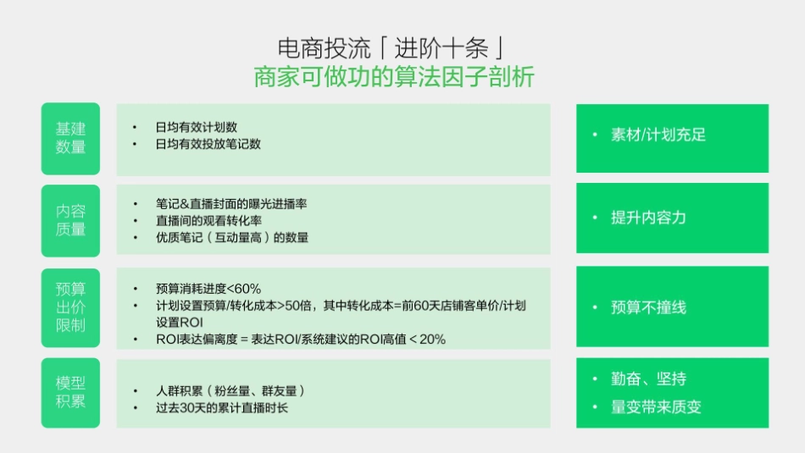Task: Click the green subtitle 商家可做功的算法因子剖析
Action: (x=394, y=77)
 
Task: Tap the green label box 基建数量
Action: (x=70, y=138)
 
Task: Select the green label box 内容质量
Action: (x=70, y=219)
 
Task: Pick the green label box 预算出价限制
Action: (x=70, y=307)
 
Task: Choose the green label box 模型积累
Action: (x=70, y=392)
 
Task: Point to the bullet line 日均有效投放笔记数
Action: (x=208, y=144)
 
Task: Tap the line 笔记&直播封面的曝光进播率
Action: (x=230, y=204)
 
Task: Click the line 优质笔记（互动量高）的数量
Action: (x=232, y=238)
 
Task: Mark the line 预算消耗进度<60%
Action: (x=208, y=288)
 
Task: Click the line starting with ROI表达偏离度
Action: (x=301, y=340)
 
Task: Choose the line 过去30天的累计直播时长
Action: (x=222, y=408)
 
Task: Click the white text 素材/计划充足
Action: (x=658, y=135)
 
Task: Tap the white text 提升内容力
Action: (x=648, y=218)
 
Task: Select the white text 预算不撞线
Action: (x=648, y=307)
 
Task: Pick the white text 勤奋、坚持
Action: (x=648, y=378)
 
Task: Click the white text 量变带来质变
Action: (x=656, y=407)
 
